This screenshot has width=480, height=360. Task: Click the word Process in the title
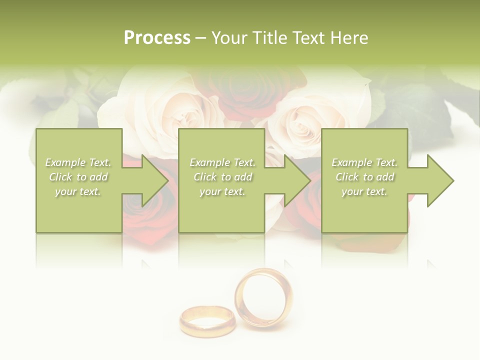coord(157,38)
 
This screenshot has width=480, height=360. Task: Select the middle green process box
coord(221,210)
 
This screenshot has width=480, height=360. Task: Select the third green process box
coord(364,210)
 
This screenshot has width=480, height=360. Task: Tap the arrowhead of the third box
coord(440,181)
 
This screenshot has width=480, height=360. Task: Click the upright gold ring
coord(263,297)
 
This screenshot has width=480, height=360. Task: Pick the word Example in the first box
coord(64,162)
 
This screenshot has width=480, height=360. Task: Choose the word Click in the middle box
coord(204,177)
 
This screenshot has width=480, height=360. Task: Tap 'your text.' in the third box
coord(364,191)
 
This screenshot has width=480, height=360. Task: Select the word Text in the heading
coord(307,38)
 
